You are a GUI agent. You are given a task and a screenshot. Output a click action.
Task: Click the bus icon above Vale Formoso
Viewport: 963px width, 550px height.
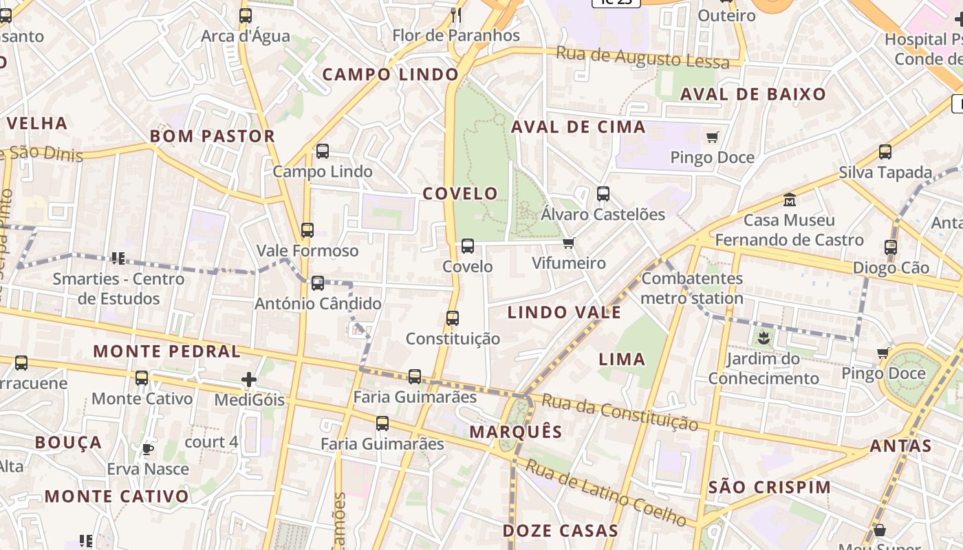click(x=307, y=230)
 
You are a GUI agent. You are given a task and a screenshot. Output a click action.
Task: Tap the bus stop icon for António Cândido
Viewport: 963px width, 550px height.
click(x=318, y=283)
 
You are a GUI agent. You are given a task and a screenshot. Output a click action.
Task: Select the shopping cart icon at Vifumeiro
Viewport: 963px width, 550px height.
click(x=568, y=243)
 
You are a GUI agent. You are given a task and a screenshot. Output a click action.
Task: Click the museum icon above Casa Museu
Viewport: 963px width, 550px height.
click(x=790, y=200)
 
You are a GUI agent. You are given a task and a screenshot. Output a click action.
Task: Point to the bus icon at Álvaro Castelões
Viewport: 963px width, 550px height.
click(x=603, y=194)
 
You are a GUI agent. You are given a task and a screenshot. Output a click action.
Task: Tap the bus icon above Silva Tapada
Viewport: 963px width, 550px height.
click(x=885, y=152)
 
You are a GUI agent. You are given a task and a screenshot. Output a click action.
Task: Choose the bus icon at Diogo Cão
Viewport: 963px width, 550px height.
click(x=891, y=247)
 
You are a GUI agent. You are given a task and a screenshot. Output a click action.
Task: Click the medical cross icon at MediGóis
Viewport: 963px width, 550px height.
click(x=249, y=379)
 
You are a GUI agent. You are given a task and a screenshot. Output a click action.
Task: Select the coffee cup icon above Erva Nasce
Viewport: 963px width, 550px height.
click(x=147, y=450)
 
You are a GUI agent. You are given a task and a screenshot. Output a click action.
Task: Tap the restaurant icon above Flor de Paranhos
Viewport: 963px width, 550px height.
click(x=455, y=15)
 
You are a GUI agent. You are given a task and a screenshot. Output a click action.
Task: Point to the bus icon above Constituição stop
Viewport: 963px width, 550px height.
click(x=452, y=318)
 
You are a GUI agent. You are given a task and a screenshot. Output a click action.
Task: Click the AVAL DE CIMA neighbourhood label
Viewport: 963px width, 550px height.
click(x=578, y=126)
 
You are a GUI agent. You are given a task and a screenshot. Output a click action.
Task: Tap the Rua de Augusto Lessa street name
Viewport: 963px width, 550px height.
click(x=642, y=57)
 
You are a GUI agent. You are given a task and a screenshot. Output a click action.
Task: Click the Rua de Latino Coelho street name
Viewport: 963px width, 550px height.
click(x=605, y=492)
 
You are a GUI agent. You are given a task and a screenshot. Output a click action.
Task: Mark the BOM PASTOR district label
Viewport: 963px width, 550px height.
click(x=213, y=136)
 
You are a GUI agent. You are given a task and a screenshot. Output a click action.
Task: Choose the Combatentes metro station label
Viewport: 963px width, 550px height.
click(x=692, y=288)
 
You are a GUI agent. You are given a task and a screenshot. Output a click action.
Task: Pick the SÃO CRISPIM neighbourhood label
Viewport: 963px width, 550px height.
click(x=770, y=487)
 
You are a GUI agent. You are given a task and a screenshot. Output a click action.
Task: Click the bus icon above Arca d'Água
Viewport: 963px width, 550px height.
click(x=246, y=16)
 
